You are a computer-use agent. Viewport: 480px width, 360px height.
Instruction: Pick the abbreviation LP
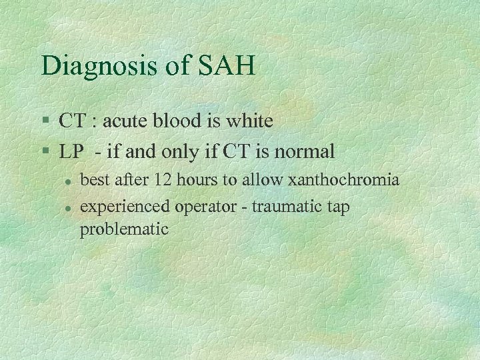tap(70, 152)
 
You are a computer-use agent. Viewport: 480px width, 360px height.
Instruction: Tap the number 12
tap(163, 180)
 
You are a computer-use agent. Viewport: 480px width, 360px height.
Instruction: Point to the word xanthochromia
tap(343, 180)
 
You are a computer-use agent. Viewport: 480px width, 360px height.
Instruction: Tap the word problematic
tap(124, 229)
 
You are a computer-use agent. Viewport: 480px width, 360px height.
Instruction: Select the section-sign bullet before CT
tap(45, 122)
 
